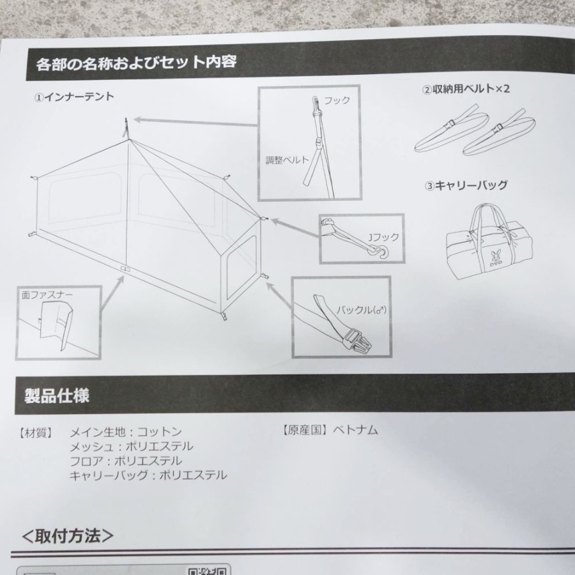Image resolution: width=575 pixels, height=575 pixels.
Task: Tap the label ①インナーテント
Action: point(74,97)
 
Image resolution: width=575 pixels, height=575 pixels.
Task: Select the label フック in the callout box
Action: point(336,100)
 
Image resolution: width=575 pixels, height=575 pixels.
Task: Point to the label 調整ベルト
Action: point(287,160)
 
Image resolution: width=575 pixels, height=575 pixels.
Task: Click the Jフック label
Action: point(383,237)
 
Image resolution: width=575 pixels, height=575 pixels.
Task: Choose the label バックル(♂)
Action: point(361,310)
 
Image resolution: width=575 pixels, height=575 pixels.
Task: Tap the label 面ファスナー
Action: point(47,295)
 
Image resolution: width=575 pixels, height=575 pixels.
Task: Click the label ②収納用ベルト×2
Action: point(466,89)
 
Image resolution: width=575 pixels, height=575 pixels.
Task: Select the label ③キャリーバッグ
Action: point(466,185)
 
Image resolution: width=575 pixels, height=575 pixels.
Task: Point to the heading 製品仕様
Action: point(57,396)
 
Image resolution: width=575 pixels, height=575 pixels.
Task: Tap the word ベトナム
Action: point(355,430)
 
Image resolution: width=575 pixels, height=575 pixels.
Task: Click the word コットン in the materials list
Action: point(160,432)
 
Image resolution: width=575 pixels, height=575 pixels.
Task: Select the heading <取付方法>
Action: point(68,536)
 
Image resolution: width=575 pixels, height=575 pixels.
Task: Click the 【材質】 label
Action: point(36,433)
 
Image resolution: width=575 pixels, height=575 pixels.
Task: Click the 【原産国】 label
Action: point(304,430)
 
